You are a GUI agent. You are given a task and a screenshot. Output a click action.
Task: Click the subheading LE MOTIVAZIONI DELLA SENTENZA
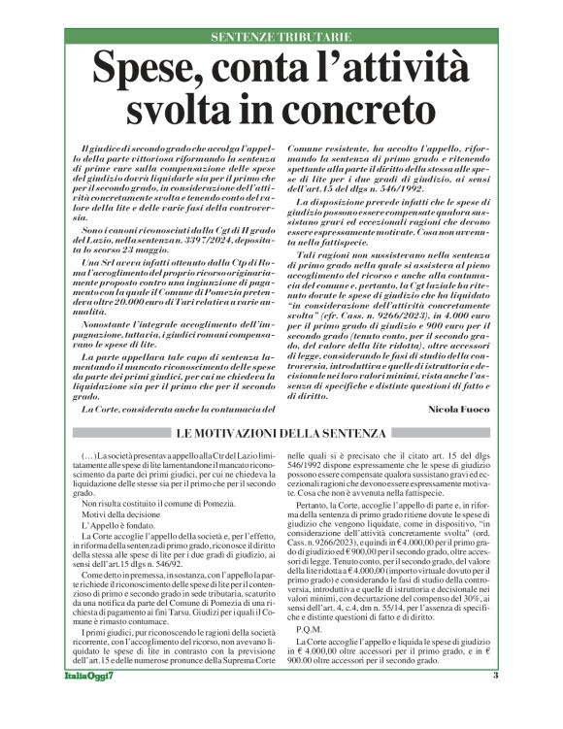coord(281,432)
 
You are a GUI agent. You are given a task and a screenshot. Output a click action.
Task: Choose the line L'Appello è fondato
coord(114,528)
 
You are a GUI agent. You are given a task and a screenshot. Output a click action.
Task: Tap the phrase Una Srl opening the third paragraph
coord(100,264)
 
